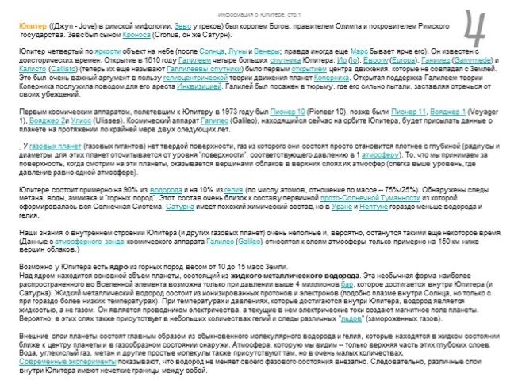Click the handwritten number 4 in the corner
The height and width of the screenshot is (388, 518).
(x=477, y=29)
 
